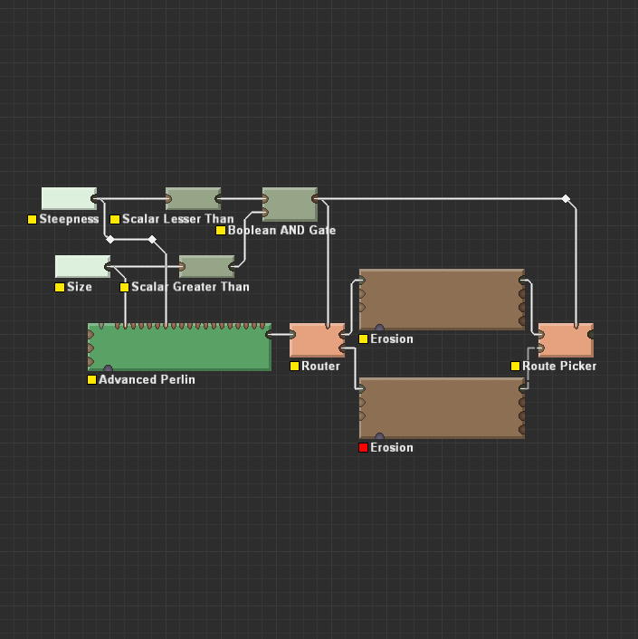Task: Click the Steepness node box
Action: pyautogui.click(x=69, y=198)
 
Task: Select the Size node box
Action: pyautogui.click(x=82, y=266)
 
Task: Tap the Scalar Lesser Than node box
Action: pyautogui.click(x=193, y=198)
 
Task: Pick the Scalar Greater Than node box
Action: pyautogui.click(x=207, y=266)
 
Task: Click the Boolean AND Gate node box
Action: pyautogui.click(x=290, y=204)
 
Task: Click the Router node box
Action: pyautogui.click(x=317, y=339)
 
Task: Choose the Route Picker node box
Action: pyautogui.click(x=566, y=339)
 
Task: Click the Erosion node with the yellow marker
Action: pyautogui.click(x=442, y=300)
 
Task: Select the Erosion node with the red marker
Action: pyautogui.click(x=442, y=408)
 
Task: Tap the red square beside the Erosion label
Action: pyautogui.click(x=363, y=447)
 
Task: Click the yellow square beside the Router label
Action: pyautogui.click(x=294, y=366)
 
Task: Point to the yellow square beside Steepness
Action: pyautogui.click(x=32, y=219)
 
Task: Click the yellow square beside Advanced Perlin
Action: pyautogui.click(x=91, y=379)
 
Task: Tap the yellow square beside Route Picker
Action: pyautogui.click(x=515, y=366)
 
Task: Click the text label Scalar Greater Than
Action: pyautogui.click(x=190, y=287)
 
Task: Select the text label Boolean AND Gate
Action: pyautogui.click(x=281, y=230)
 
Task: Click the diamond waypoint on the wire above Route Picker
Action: pyautogui.click(x=566, y=198)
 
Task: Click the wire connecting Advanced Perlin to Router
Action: pyautogui.click(x=281, y=335)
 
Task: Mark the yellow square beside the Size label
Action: pyautogui.click(x=60, y=287)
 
